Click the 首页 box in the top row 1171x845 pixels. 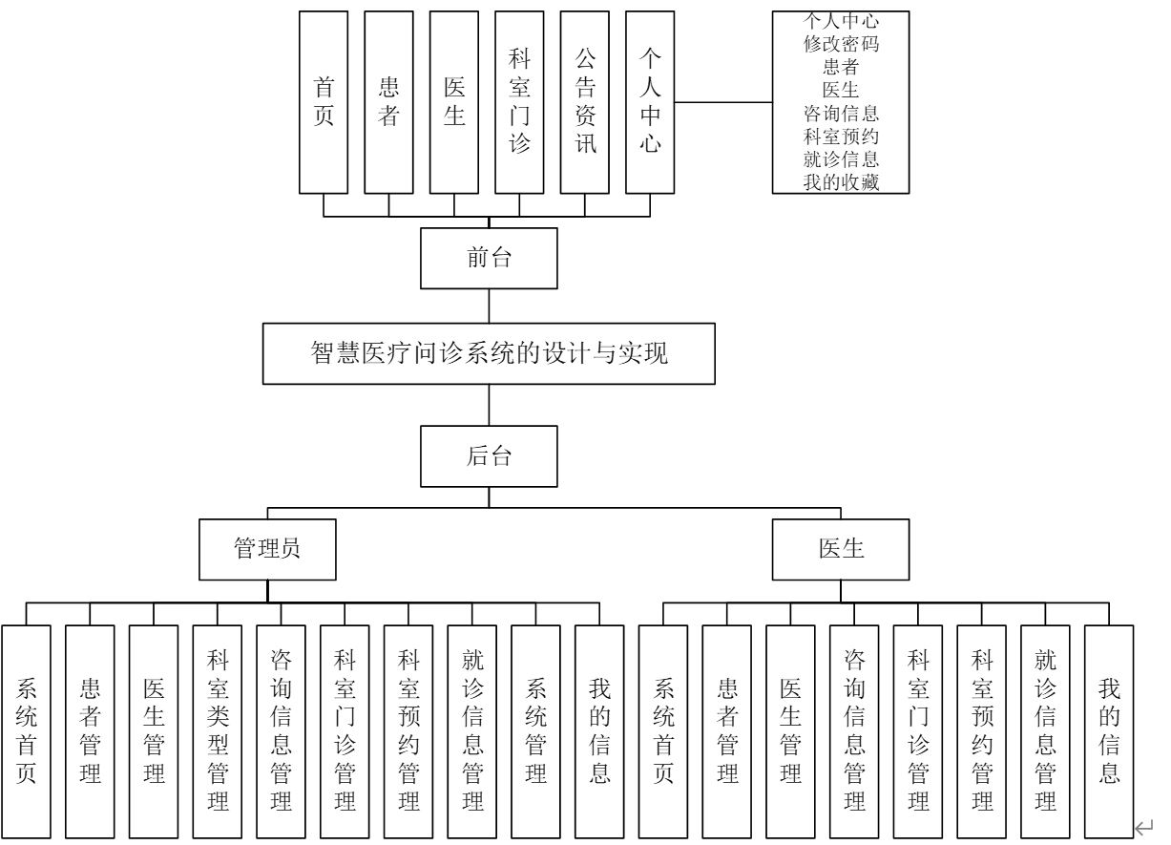pos(324,102)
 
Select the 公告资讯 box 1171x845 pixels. pos(584,102)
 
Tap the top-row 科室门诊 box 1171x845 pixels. pos(519,102)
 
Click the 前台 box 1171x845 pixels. pos(489,259)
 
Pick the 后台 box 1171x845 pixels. pos(489,456)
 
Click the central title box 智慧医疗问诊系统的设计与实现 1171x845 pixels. pos(489,355)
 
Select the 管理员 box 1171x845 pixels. pos(266,549)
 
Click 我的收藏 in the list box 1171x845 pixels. pos(841,183)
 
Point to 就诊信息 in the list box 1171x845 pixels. pos(841,159)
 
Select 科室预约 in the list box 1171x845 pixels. pos(841,136)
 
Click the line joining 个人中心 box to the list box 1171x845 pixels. pos(723,101)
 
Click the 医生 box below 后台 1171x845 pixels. pos(841,549)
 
